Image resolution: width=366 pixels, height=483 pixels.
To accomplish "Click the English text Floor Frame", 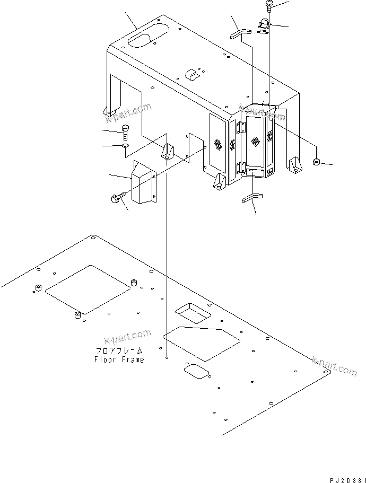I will (119, 359).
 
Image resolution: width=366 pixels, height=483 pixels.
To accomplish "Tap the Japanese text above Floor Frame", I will (119, 351).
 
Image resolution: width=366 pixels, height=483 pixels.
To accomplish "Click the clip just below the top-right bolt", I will (264, 26).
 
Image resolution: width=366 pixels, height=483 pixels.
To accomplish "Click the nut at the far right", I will (317, 162).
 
